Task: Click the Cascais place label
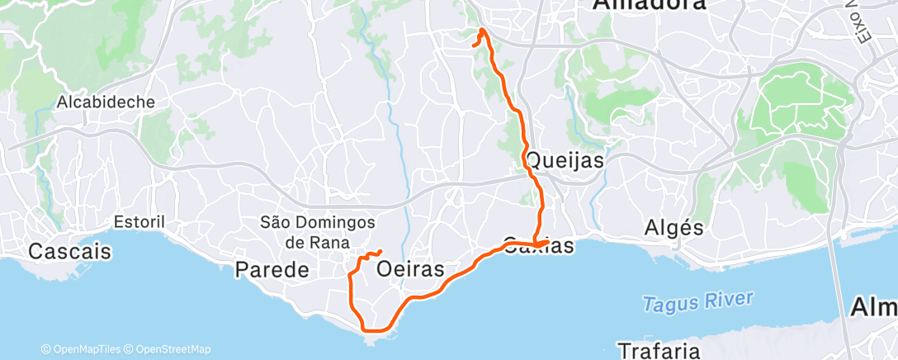(x=69, y=251)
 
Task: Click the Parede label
(x=272, y=269)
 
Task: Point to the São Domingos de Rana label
(x=318, y=232)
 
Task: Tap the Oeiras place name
(x=410, y=269)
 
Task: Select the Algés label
(x=673, y=227)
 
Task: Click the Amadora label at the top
(x=650, y=5)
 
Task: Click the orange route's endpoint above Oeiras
(x=380, y=252)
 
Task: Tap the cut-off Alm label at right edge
(x=874, y=307)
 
